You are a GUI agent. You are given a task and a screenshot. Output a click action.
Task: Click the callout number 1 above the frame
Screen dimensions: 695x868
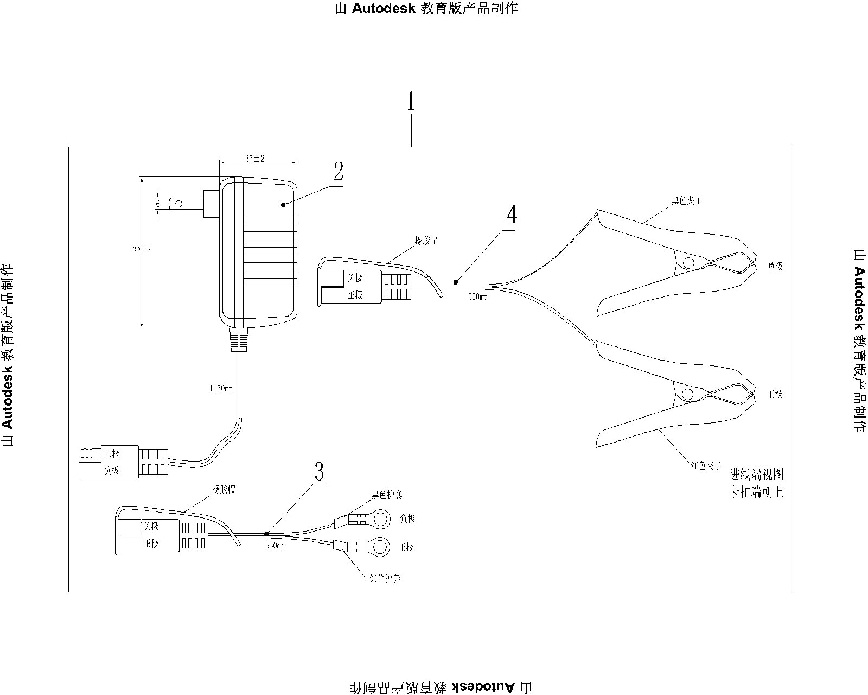[x=411, y=102]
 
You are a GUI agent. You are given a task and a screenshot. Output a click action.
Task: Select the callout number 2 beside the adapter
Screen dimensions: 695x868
[x=338, y=172]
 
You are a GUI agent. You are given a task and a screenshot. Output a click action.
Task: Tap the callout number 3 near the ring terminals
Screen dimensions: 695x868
[x=320, y=471]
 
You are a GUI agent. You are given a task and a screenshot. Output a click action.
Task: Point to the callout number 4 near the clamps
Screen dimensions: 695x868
[x=512, y=215]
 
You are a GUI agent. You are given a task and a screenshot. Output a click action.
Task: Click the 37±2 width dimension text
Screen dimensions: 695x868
[x=254, y=159]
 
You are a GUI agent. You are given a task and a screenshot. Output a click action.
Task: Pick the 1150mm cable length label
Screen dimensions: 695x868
[x=221, y=389]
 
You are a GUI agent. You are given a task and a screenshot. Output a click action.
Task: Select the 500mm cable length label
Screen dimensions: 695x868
[x=477, y=298]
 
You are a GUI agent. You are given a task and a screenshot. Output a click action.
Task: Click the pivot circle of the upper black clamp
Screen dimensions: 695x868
[x=688, y=263]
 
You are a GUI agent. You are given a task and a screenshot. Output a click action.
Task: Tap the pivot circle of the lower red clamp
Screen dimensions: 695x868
[x=687, y=394]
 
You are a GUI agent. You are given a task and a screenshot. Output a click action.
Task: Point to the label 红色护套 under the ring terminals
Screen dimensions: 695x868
[x=384, y=578]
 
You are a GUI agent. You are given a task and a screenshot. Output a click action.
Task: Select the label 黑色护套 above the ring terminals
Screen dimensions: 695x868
[x=387, y=495]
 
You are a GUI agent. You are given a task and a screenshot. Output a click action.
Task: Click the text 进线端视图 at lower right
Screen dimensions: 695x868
[x=756, y=475]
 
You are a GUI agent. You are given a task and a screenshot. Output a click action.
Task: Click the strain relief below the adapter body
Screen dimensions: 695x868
[x=238, y=340]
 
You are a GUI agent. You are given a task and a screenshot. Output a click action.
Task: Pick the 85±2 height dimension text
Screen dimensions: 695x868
[x=142, y=248]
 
